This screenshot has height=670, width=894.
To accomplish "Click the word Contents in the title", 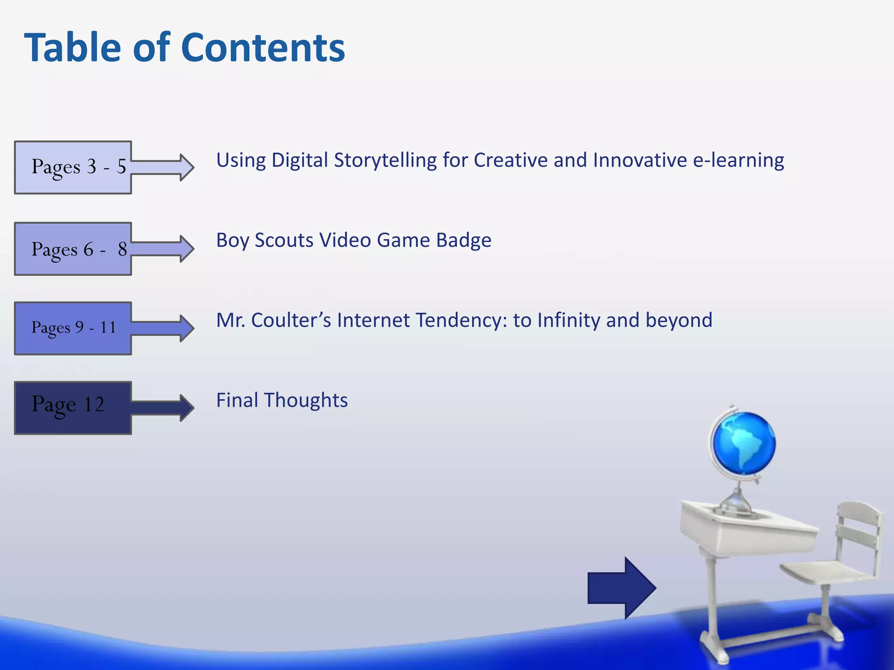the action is coord(263,48).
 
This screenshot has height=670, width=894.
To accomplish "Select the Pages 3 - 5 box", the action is coord(73,167).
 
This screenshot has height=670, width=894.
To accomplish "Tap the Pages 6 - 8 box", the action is coord(73,249).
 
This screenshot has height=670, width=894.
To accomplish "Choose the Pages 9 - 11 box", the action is coord(73,328).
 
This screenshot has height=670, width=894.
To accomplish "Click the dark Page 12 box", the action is coord(73,407).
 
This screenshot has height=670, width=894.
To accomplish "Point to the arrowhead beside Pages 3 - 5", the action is coord(186,167).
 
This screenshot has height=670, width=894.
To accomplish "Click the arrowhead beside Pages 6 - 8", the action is coord(186,249).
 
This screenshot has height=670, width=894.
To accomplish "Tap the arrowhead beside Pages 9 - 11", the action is coord(186,328).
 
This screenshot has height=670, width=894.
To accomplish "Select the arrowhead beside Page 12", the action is coord(186,407).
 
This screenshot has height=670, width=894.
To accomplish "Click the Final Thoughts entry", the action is coord(282,400).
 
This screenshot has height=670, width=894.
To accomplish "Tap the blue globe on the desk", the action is coord(744,443).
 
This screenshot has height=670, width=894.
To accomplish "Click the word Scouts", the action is coord(284,241).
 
